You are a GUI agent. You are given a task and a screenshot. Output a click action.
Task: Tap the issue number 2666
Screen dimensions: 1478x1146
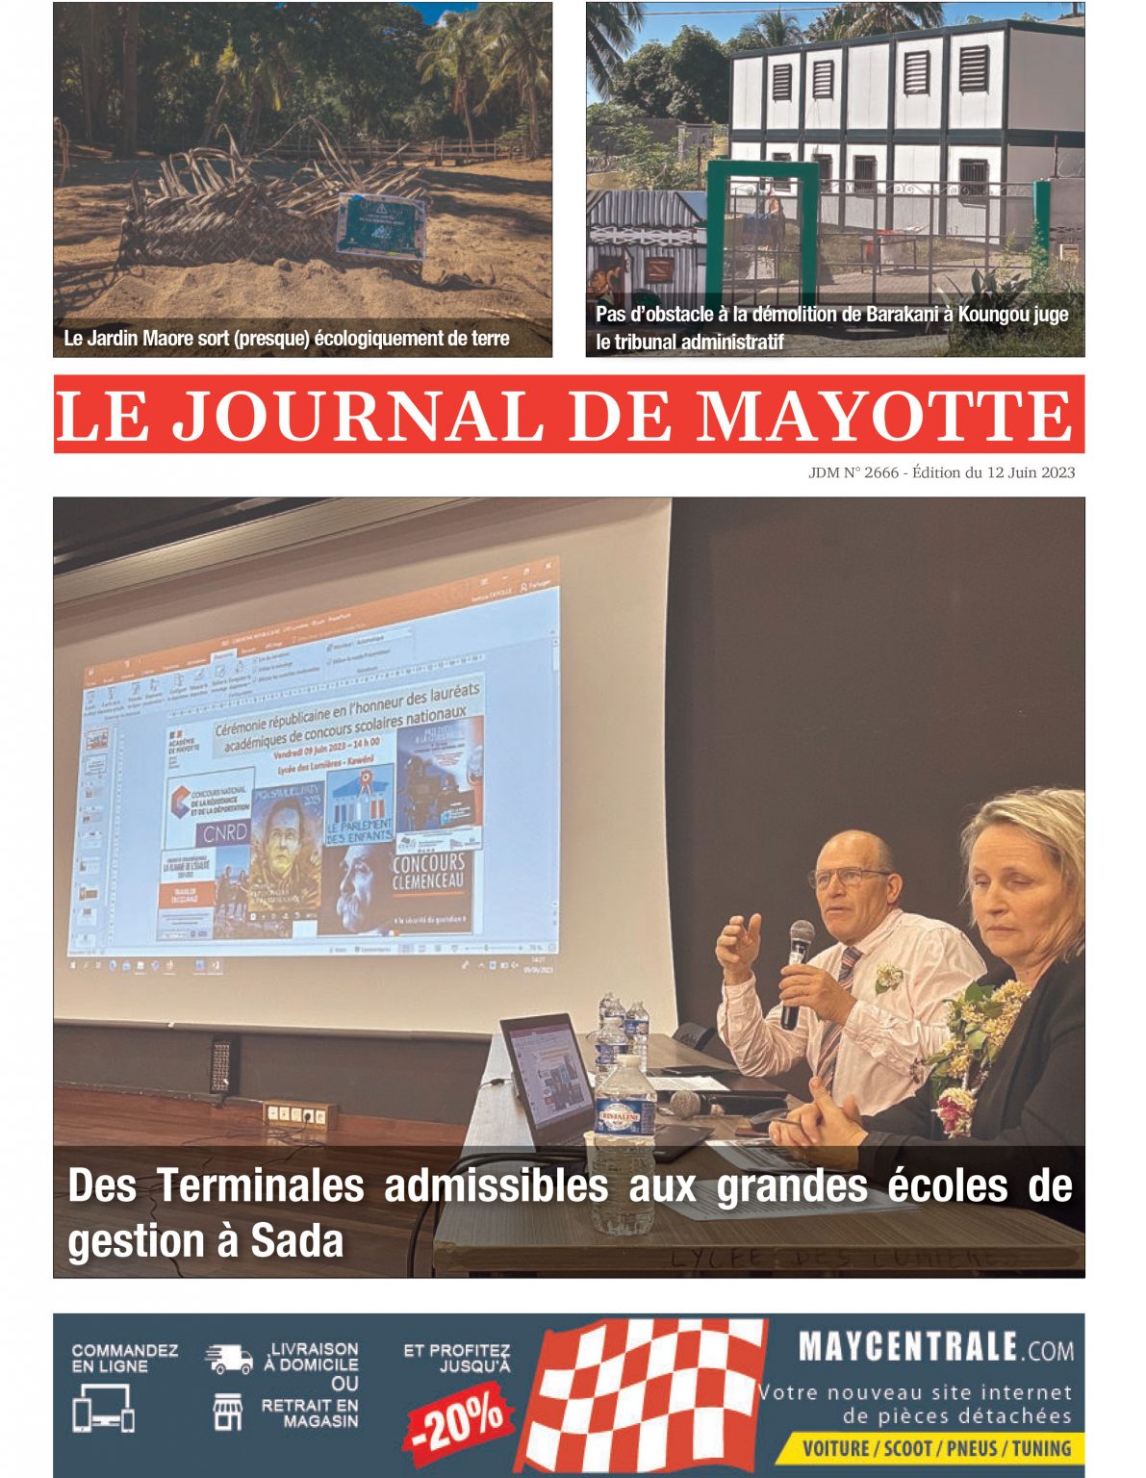pos(880,472)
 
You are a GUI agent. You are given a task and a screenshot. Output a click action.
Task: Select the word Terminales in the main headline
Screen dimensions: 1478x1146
pos(260,1185)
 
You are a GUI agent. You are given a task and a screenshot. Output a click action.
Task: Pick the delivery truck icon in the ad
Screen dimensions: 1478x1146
pos(228,1359)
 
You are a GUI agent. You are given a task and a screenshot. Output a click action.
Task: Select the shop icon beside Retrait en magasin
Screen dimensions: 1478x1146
pos(228,1412)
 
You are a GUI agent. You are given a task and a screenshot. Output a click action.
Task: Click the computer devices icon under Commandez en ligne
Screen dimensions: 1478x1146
pos(103,1408)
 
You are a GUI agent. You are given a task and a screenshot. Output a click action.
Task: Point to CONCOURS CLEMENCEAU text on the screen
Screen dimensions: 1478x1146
pos(428,872)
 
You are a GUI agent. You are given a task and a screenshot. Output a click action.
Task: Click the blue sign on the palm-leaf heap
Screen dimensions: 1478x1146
pos(381,224)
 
